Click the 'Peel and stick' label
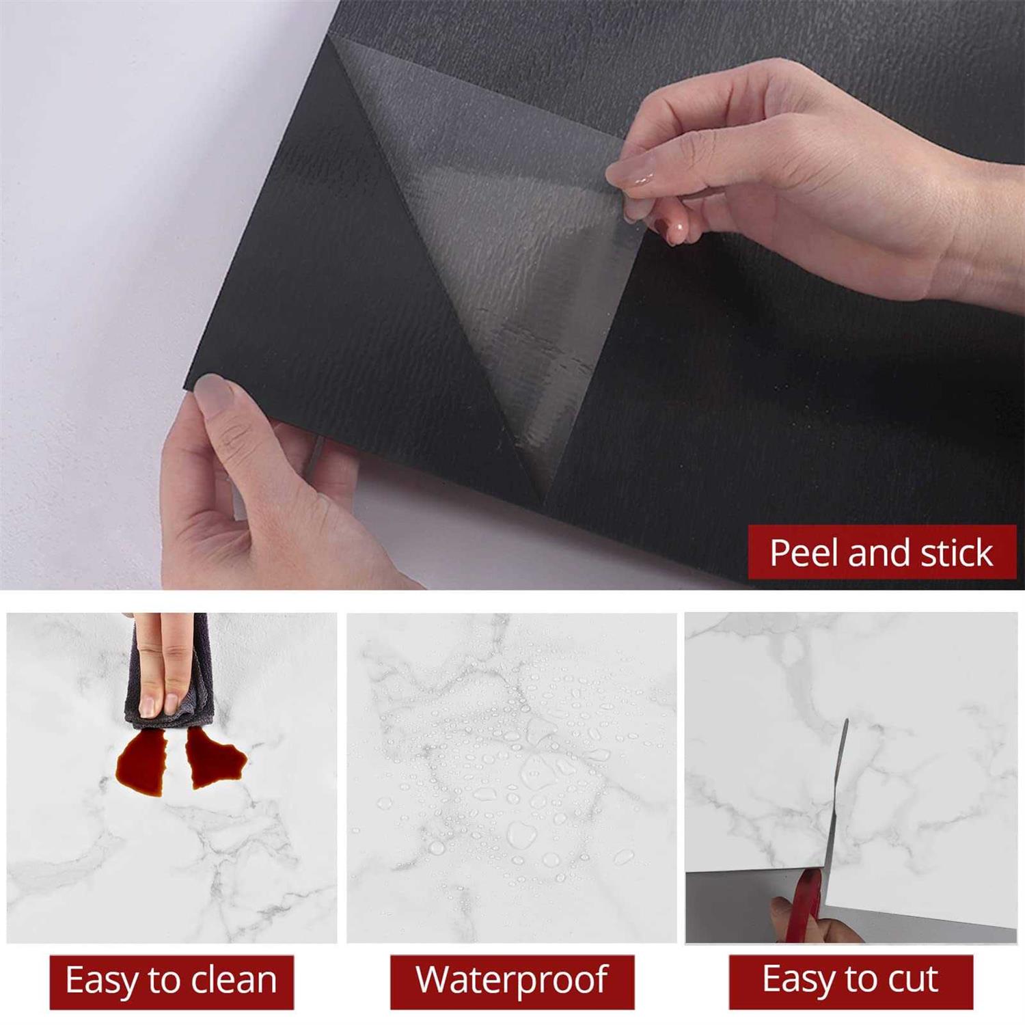[x=881, y=552]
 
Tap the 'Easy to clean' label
[x=172, y=982]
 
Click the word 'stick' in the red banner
[x=956, y=552]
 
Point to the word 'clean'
[x=234, y=981]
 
